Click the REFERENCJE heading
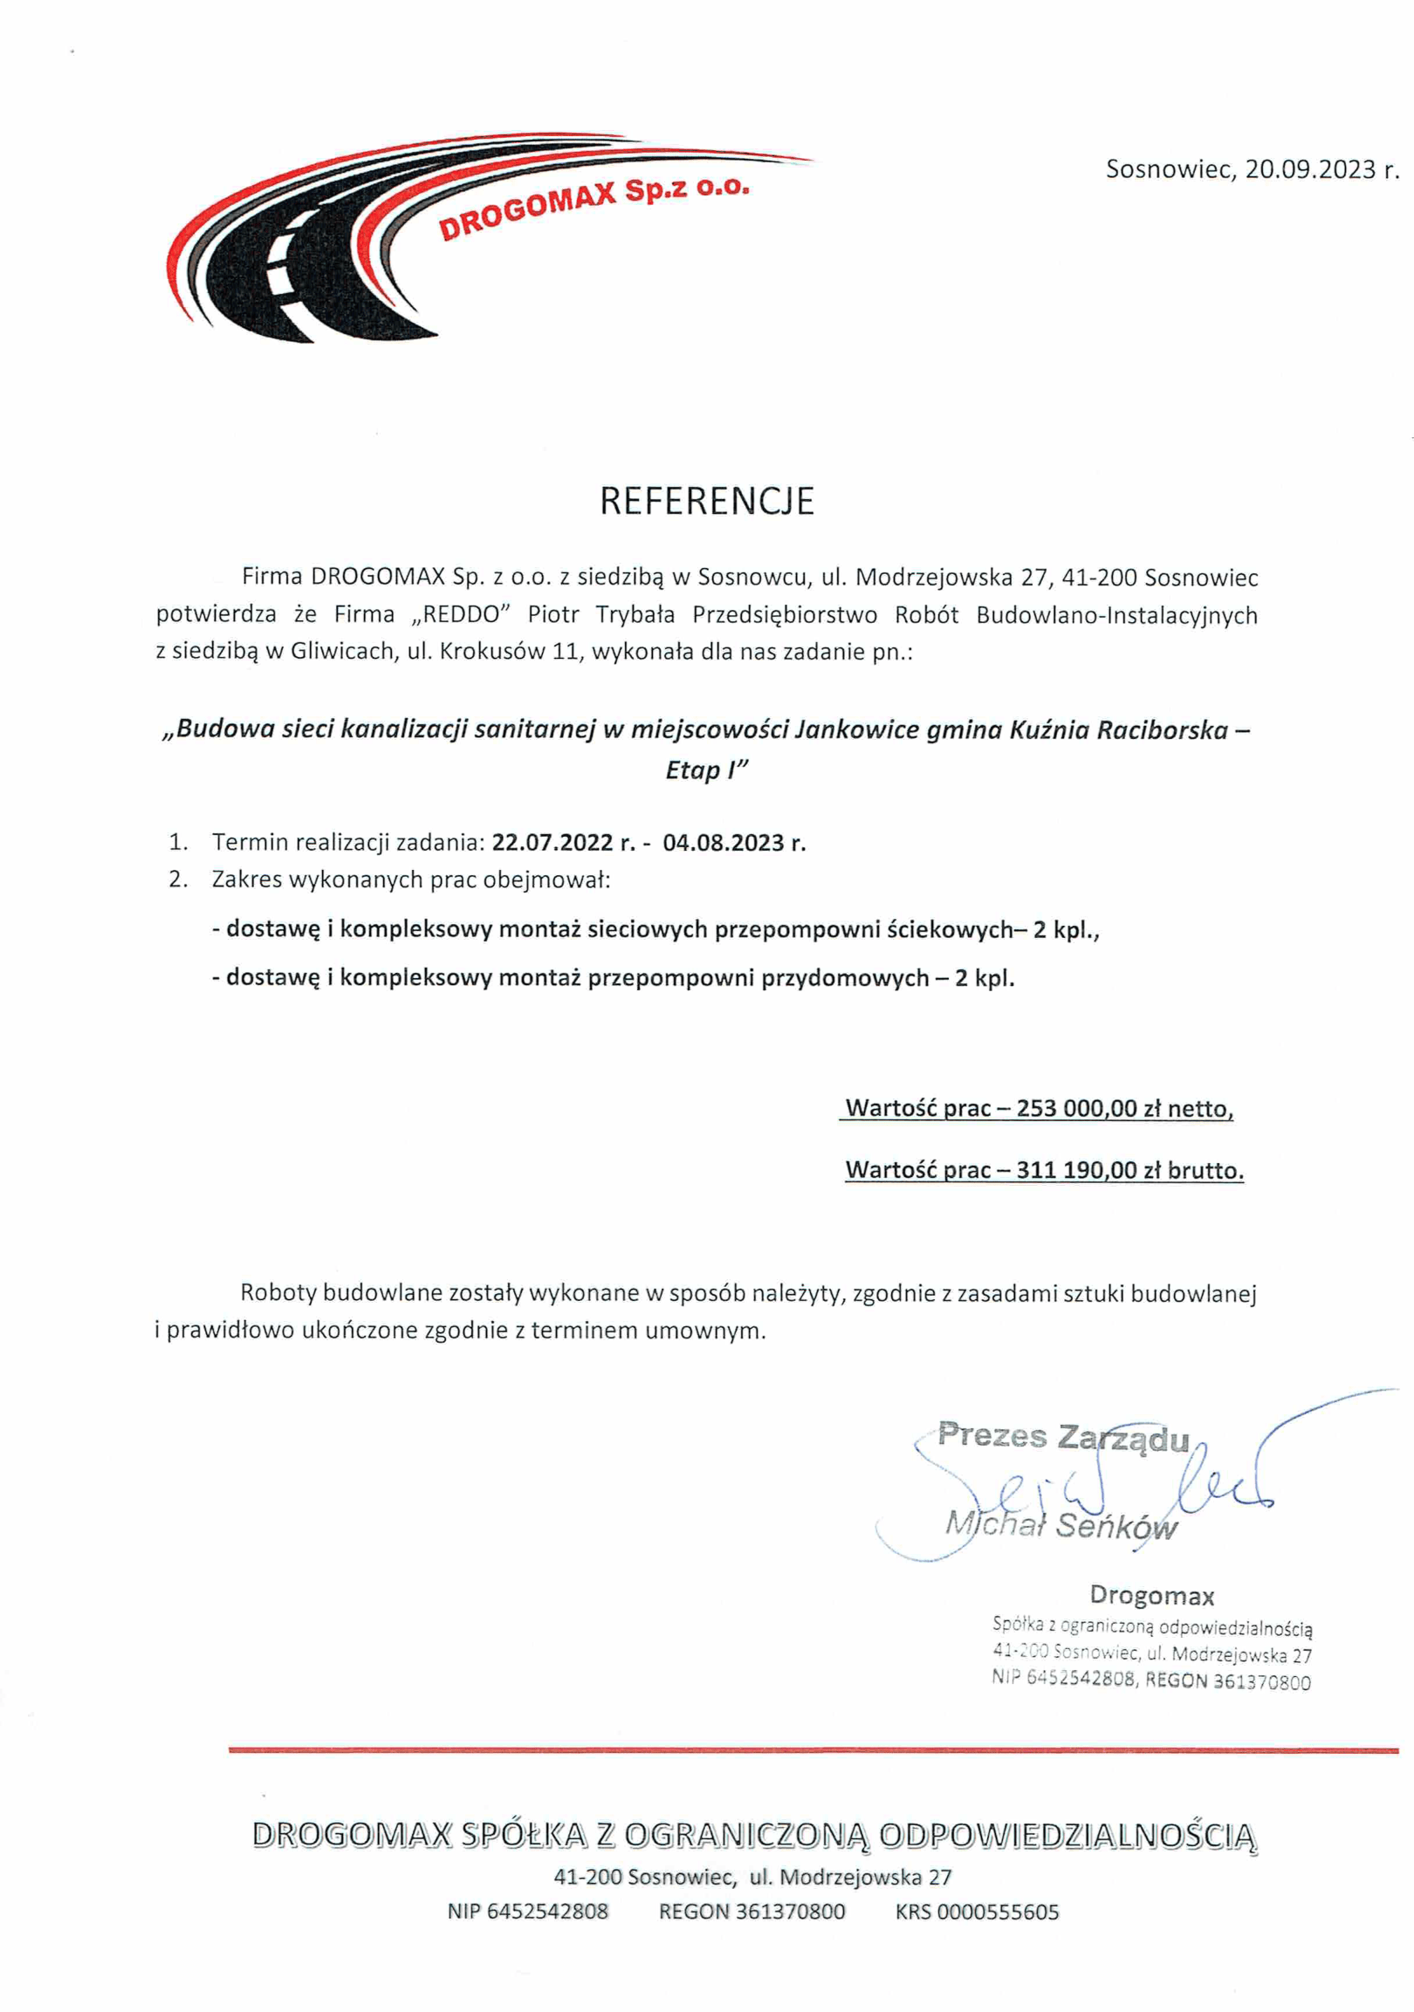tap(706, 501)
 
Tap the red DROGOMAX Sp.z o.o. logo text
tap(594, 209)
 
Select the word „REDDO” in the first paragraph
tap(460, 614)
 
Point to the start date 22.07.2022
tap(553, 842)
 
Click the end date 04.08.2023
tap(724, 842)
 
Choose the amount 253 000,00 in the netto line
tap(1076, 1109)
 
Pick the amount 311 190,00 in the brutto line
tap(1076, 1170)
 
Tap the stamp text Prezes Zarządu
tap(1063, 1436)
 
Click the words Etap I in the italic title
tap(705, 770)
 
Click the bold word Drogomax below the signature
tap(1152, 1596)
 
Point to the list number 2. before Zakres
tap(179, 879)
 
